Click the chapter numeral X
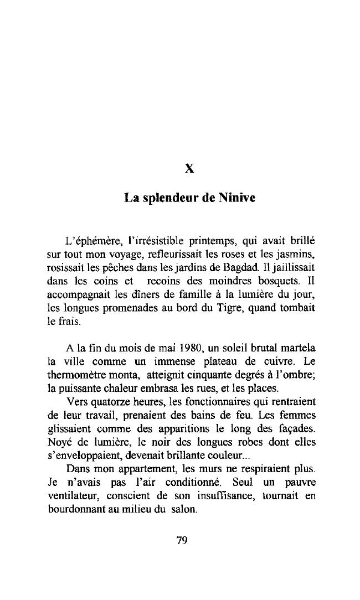coord(189,168)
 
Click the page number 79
coord(182,541)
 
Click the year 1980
coord(183,349)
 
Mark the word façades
coord(296,426)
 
